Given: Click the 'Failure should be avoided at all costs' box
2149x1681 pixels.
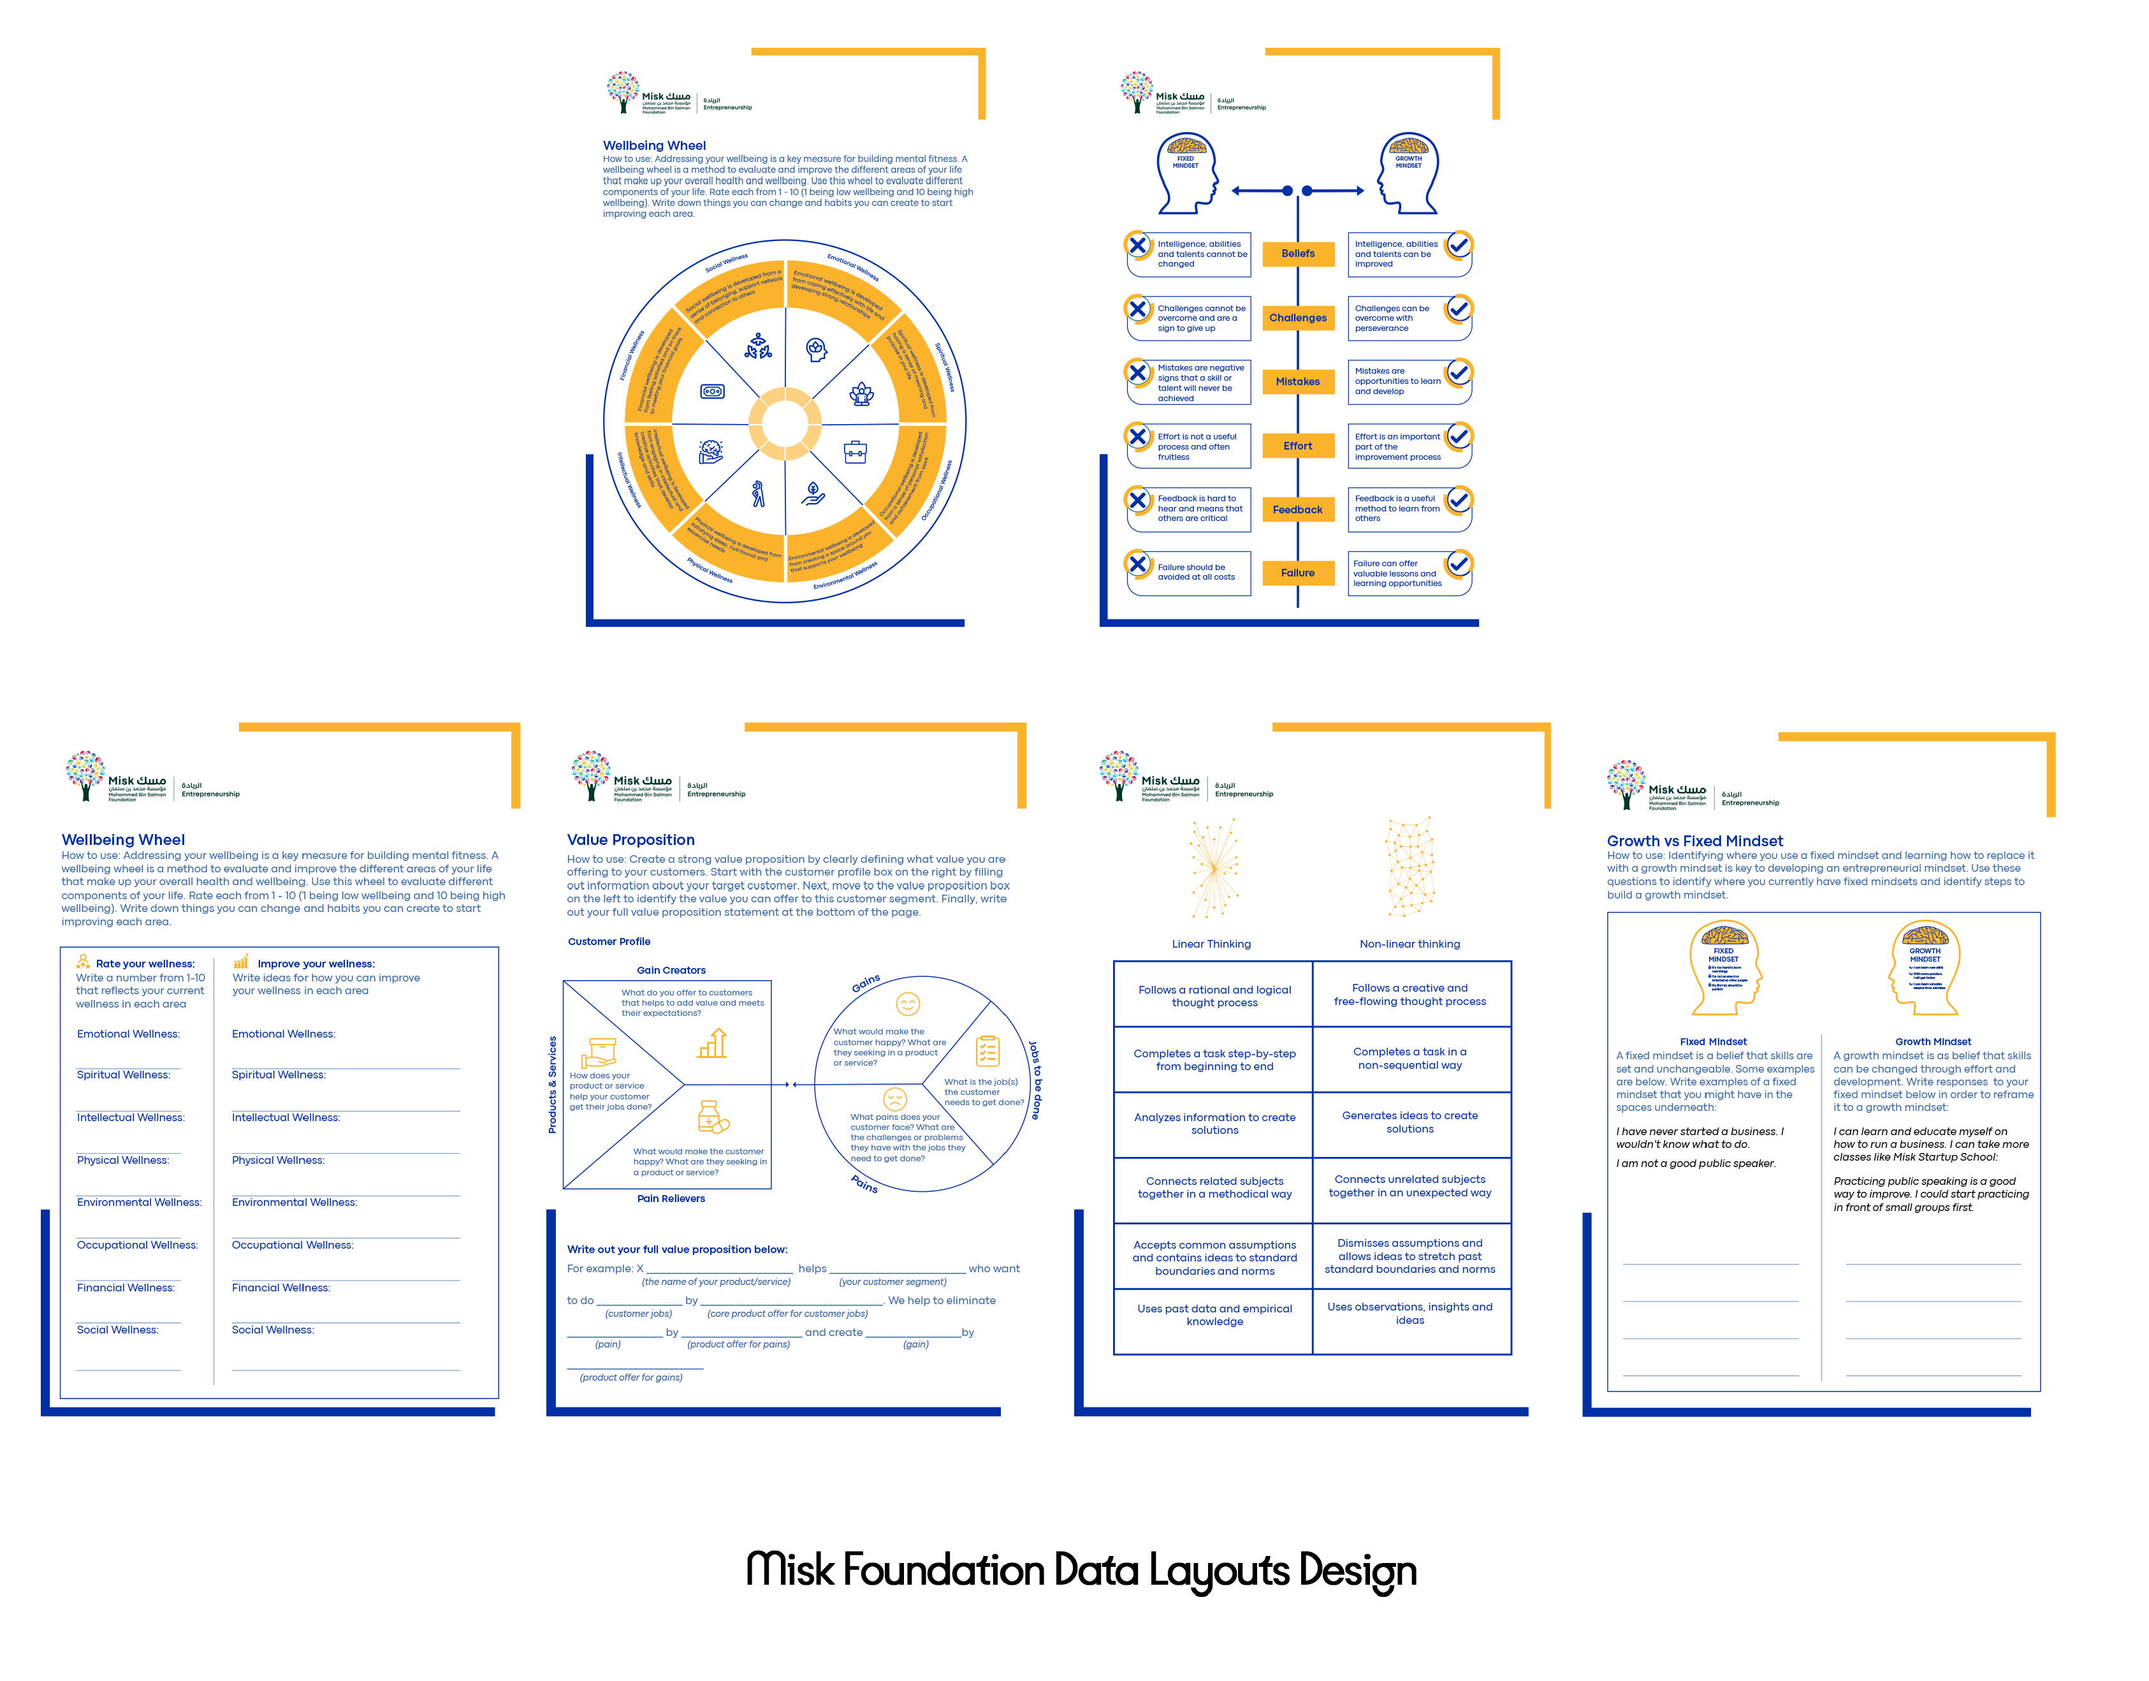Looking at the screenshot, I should tap(1189, 573).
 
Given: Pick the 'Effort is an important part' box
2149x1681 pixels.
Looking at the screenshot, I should tap(1408, 447).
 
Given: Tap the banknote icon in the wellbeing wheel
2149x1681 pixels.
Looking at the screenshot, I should tap(712, 392).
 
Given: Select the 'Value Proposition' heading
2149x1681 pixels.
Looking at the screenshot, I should tap(630, 839).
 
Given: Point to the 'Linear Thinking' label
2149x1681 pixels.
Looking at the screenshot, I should tap(1211, 944).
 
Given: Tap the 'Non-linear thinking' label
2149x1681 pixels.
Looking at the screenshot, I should tap(1409, 944).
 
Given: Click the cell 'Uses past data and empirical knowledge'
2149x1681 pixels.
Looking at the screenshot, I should tap(1214, 1315).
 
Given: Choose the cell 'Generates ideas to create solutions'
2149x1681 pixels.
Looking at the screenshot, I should tap(1409, 1122).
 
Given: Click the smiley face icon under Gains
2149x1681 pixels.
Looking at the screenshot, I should tap(907, 1004).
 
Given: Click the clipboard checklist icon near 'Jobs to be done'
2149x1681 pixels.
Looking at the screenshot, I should tap(987, 1050).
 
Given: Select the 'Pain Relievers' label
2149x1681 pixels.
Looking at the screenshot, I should tap(671, 1199).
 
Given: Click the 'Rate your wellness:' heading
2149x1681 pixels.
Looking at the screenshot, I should tap(145, 964).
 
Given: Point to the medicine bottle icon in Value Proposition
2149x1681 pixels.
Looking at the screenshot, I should tap(711, 1118).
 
